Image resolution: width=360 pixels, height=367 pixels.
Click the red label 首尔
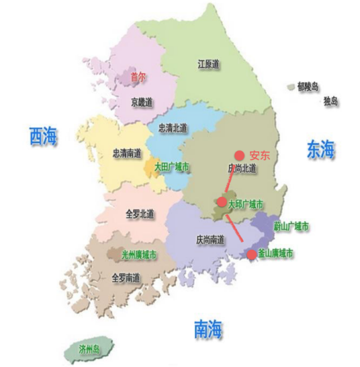tap(138, 77)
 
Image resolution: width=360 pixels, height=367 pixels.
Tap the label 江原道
tap(209, 65)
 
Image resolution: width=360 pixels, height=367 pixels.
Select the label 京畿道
tap(142, 102)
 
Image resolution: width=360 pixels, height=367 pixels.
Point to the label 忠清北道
tap(172, 128)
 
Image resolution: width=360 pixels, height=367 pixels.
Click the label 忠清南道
tap(127, 153)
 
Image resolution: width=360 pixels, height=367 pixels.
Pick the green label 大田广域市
tap(171, 166)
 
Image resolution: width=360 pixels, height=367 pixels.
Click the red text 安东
tap(259, 154)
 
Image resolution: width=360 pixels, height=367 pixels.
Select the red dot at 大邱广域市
tap(222, 202)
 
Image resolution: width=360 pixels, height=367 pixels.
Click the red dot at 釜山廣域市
tap(252, 254)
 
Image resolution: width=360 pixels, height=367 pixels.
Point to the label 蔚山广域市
tap(291, 227)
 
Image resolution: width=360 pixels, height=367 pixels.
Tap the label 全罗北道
tap(140, 214)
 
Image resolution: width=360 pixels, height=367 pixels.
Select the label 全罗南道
tap(126, 277)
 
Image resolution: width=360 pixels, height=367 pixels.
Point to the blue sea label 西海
tap(43, 137)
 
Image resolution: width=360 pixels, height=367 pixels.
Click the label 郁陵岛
tap(307, 86)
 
